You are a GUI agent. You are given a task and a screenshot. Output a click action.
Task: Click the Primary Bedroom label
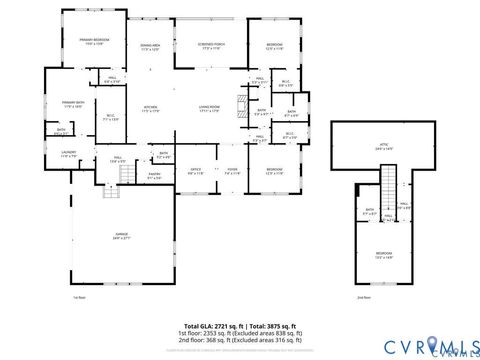[93, 41]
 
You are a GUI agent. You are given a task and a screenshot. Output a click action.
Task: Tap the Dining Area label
[150, 47]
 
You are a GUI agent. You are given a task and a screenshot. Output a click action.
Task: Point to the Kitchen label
[150, 109]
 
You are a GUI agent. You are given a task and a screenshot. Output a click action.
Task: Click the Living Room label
[208, 109]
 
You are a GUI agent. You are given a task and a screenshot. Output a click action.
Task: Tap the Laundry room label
[68, 155]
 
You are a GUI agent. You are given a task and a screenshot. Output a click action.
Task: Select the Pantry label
[155, 177]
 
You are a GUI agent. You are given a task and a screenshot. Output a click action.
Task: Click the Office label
[196, 171]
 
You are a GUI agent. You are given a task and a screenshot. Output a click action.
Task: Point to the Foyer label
[231, 171]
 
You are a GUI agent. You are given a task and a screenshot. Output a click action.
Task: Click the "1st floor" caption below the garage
[79, 297]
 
